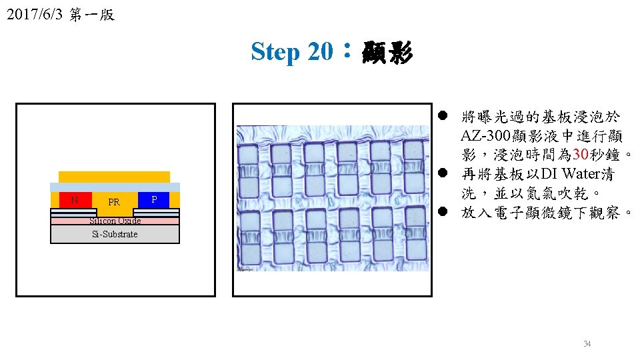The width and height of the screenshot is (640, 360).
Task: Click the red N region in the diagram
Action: coord(75,200)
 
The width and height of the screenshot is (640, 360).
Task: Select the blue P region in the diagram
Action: coord(153,200)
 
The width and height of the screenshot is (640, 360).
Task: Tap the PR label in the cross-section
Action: coord(114,202)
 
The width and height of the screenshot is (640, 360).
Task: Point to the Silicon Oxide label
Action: coord(115,221)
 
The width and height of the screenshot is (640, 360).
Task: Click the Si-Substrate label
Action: coord(115,234)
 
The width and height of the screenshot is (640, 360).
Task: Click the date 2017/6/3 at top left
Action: coord(35,15)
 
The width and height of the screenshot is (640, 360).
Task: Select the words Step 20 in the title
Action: coord(292,52)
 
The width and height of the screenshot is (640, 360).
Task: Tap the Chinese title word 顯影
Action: coord(387,52)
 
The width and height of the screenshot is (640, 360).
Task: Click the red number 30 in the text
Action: coord(581,154)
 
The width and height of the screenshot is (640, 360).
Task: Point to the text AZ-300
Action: coord(486,135)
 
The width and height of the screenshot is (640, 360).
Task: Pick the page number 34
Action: coord(587,344)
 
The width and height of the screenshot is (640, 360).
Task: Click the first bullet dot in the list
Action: coord(443,116)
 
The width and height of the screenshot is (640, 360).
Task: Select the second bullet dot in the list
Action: coord(443,173)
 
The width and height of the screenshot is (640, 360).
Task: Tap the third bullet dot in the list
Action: coord(443,211)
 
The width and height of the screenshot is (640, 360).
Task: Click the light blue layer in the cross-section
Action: coord(115,187)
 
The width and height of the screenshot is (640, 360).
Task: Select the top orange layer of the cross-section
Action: coord(114,177)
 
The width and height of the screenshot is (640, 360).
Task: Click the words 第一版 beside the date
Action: coord(92,15)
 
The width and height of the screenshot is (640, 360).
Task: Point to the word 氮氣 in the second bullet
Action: coord(541,193)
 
